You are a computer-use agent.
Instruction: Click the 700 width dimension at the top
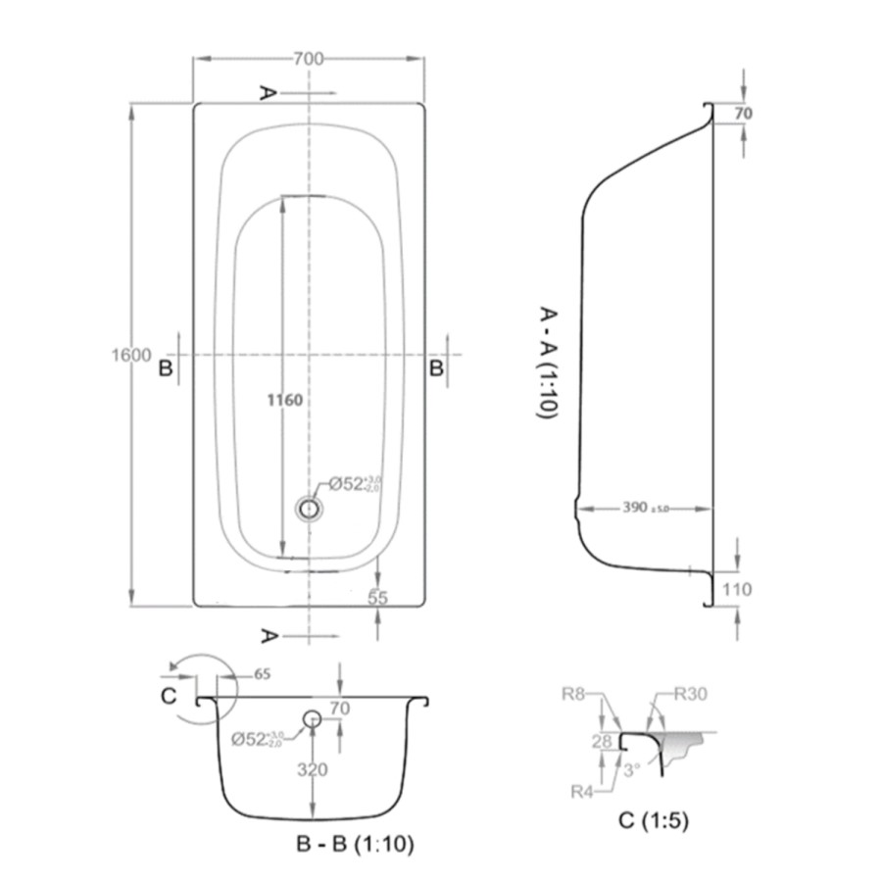(x=308, y=59)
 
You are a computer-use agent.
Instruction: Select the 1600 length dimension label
(x=130, y=355)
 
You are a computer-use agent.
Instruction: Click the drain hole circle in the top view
(x=310, y=508)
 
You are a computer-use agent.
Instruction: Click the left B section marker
(x=166, y=367)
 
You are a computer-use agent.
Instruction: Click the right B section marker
(x=436, y=367)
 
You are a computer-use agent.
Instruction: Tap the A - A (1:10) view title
(x=548, y=363)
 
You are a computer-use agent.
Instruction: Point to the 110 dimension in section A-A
(x=738, y=589)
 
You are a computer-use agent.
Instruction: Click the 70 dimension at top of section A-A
(x=743, y=114)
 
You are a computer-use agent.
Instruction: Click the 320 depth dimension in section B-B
(x=313, y=769)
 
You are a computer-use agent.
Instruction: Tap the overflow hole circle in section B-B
(x=312, y=718)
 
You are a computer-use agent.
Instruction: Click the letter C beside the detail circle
(x=169, y=696)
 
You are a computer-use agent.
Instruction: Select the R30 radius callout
(x=690, y=695)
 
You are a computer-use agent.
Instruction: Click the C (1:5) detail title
(x=654, y=819)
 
